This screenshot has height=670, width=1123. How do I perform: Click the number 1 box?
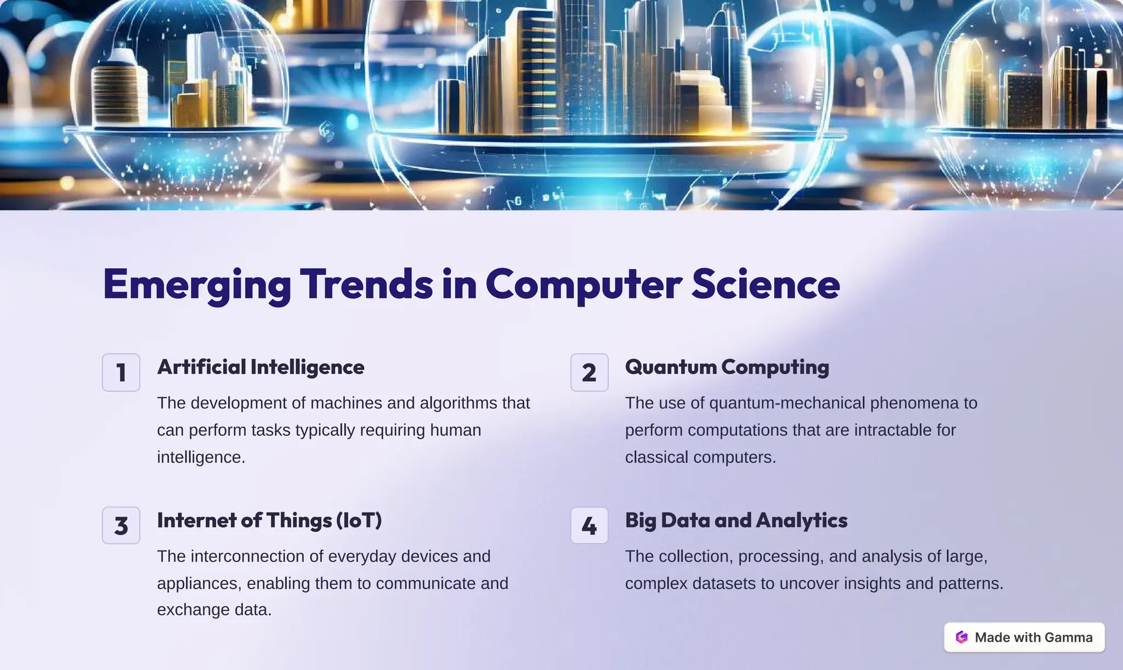(121, 372)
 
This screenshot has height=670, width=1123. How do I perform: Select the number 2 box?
(589, 372)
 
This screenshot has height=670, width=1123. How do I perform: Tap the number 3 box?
(121, 525)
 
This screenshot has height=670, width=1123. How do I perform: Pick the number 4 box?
(589, 525)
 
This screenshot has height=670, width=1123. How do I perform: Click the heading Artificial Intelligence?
(260, 367)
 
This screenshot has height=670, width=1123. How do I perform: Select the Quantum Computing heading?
(727, 367)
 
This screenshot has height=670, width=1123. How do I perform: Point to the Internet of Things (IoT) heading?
(269, 520)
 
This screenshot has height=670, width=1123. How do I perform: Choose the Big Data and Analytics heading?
(736, 520)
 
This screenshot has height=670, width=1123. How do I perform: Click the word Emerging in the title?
(197, 284)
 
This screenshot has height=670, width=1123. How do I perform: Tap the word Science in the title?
(765, 284)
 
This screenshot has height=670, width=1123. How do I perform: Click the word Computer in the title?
(583, 284)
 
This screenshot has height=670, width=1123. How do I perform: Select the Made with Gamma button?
(1024, 637)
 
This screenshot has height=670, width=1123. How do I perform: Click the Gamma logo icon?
(962, 637)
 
